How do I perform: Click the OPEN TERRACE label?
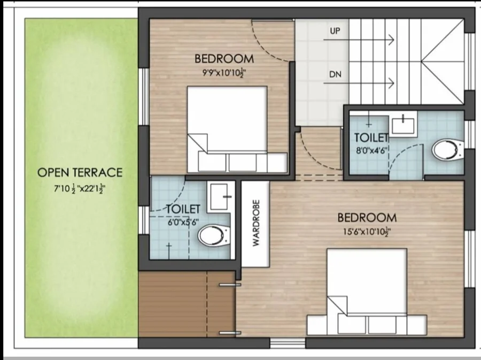80,172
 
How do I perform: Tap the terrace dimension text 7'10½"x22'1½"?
80,189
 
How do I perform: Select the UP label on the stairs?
335,31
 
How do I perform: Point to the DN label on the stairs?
335,74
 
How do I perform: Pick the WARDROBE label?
256,223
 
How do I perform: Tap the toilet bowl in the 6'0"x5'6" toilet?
213,235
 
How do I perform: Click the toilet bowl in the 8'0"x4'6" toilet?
447,149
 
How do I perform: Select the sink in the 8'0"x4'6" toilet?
403,124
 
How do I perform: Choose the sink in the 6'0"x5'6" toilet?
219,196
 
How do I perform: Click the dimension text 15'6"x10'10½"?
367,231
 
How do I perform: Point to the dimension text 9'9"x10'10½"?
224,73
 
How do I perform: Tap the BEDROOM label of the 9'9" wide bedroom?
224,59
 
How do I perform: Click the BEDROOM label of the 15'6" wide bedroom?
367,218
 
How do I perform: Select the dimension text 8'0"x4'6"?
370,151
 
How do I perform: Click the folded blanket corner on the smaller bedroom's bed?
198,143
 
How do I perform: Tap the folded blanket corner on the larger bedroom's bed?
337,305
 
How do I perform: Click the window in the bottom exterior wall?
288,343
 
